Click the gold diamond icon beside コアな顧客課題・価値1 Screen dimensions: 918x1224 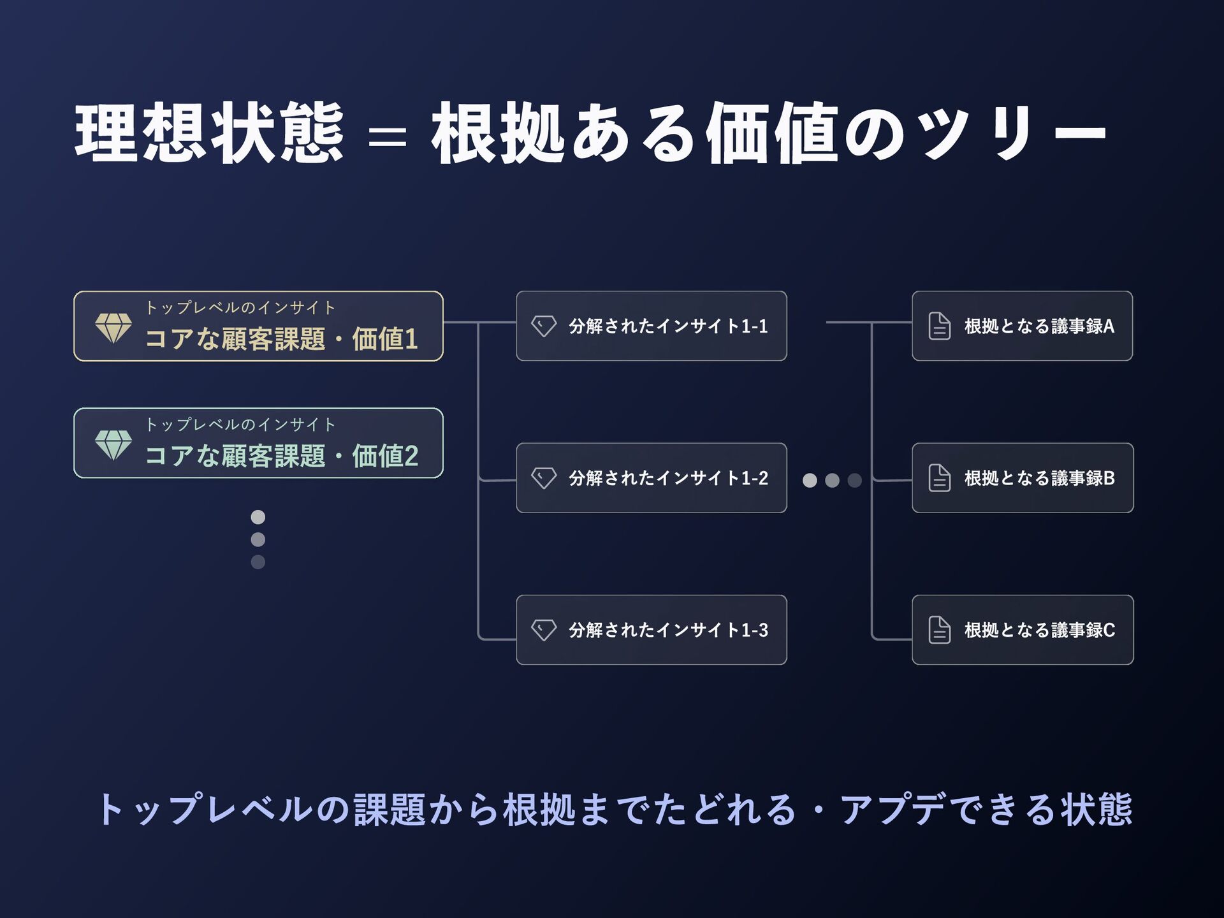(x=113, y=328)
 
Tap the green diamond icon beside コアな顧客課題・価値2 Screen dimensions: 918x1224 (x=113, y=444)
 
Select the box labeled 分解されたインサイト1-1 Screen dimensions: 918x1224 (x=651, y=326)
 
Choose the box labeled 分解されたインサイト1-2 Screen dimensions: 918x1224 (x=651, y=477)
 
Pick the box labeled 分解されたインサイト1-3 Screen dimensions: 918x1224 (x=651, y=630)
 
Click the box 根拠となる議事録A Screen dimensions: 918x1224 (x=1022, y=326)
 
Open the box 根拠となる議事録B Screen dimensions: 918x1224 (x=1022, y=477)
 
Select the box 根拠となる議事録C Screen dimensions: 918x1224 (x=1022, y=630)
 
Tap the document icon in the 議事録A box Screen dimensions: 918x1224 (x=939, y=326)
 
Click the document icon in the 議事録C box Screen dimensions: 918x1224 (x=939, y=630)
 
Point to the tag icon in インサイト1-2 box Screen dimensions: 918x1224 (x=544, y=477)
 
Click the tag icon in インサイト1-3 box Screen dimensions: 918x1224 (x=544, y=630)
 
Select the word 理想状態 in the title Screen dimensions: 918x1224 (x=209, y=133)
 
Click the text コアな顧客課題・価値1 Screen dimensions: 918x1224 (x=281, y=339)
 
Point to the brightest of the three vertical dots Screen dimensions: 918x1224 (x=258, y=516)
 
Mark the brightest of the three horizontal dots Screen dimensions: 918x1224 (x=810, y=480)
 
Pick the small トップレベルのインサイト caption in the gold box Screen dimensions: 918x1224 (x=240, y=308)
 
